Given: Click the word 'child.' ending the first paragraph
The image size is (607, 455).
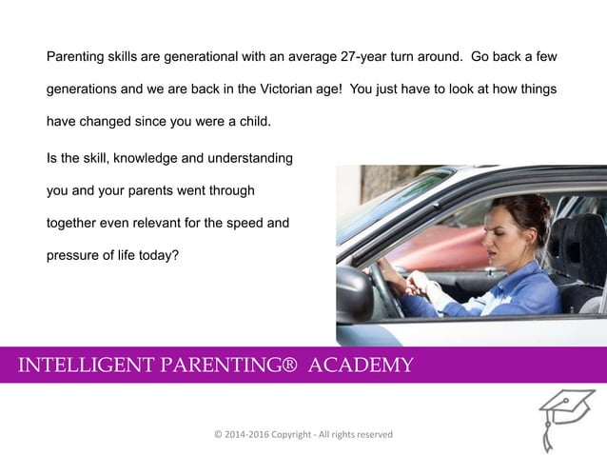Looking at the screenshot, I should [253, 123].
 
